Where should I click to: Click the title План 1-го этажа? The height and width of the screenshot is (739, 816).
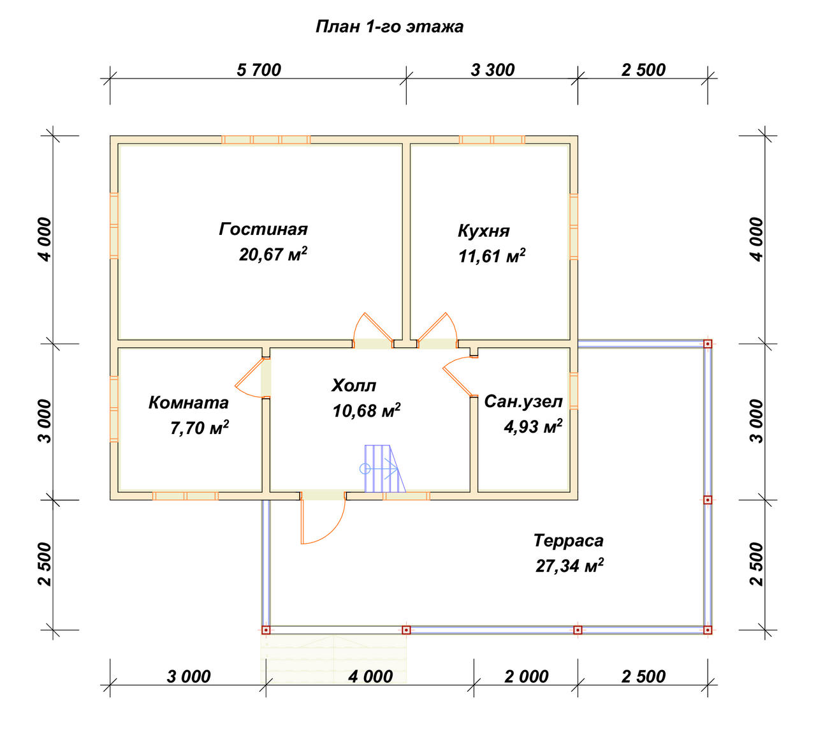pos(390,27)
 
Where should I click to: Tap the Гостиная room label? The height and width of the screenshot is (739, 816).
pos(263,229)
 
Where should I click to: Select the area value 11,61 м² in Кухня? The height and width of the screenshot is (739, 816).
pos(492,255)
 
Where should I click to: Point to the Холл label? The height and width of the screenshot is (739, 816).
pos(353,385)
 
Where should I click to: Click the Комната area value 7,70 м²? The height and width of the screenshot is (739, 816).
pos(200,428)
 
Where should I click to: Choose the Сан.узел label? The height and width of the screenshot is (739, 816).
pos(523,401)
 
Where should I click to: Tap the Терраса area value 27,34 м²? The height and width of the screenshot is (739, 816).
pos(569,565)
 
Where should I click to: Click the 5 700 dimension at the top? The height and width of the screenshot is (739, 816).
pos(259,70)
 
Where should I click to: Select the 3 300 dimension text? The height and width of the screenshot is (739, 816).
pos(493,70)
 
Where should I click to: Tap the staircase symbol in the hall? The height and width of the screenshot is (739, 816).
pos(382,468)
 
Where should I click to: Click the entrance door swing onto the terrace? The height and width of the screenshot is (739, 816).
pos(323,518)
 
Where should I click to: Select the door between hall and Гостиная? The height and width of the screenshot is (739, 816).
pos(374,331)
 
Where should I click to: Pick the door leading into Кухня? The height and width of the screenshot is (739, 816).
pos(437,331)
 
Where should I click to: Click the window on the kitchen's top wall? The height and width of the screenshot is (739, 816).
pos(492,140)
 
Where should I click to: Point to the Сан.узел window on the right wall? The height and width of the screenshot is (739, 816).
pos(573,391)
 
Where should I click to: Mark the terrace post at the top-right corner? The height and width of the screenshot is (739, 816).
pos(708,344)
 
